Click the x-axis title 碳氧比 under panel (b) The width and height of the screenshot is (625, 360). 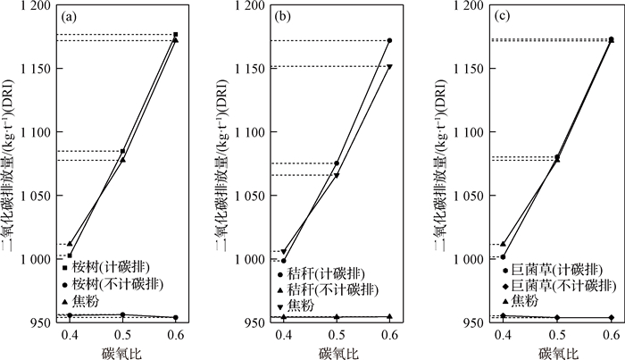(x=336, y=351)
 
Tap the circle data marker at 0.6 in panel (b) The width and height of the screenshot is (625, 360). (x=389, y=41)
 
